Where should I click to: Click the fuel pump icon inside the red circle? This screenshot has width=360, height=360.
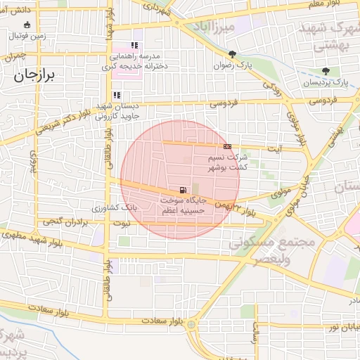184,190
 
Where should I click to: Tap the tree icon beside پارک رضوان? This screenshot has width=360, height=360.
232,55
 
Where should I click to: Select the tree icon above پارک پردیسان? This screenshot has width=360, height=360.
325,72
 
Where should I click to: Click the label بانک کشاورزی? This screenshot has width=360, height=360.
113,209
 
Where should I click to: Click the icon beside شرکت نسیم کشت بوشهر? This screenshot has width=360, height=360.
227,146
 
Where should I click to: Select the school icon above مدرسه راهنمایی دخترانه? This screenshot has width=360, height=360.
134,46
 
